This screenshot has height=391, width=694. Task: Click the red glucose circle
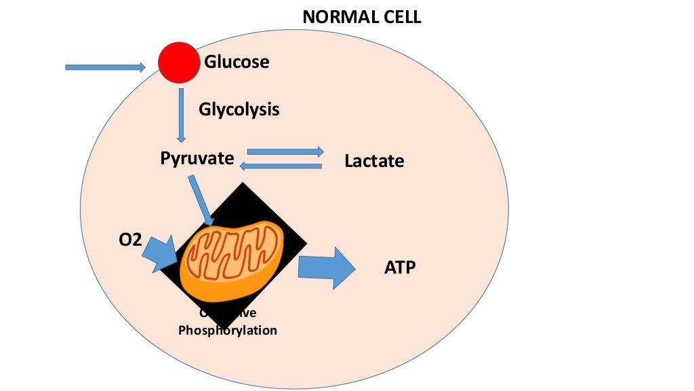[180, 62]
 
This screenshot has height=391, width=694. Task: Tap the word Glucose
[237, 62]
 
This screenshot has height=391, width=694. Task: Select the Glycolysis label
[239, 109]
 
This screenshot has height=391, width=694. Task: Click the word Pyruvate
[197, 159]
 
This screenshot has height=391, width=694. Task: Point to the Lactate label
[374, 162]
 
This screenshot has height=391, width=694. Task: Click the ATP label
[400, 268]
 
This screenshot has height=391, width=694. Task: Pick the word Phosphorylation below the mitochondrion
[228, 331]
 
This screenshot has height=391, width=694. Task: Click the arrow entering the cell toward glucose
[105, 67]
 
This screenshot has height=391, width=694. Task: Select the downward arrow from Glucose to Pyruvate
[182, 115]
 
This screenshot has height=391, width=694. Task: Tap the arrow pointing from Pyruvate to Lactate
[285, 151]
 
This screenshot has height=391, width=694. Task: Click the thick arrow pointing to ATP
[326, 268]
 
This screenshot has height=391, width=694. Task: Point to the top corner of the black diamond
[242, 184]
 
